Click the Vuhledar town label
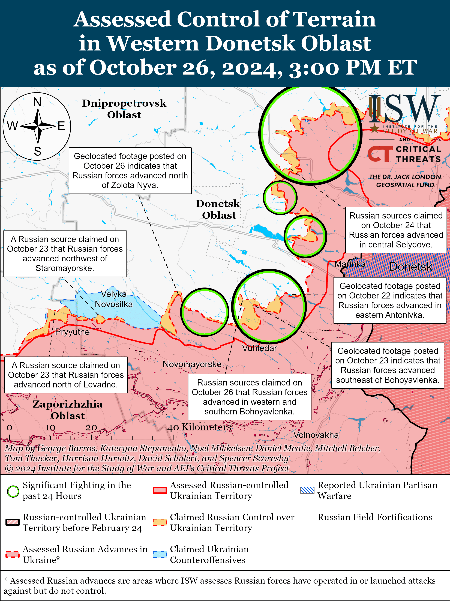coord(259,348)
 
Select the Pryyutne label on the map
coord(72,332)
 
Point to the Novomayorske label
coord(192,364)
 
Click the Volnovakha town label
coord(316,435)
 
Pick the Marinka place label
coord(350,264)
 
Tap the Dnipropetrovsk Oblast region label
coord(124,109)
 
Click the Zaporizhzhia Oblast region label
coord(68,410)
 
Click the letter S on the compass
coord(37,151)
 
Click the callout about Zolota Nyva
coord(130,171)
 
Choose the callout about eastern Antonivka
coord(390,300)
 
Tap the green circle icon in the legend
coord(13,491)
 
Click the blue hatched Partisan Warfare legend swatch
coord(307,490)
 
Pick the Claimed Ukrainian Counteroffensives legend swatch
coord(160,554)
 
